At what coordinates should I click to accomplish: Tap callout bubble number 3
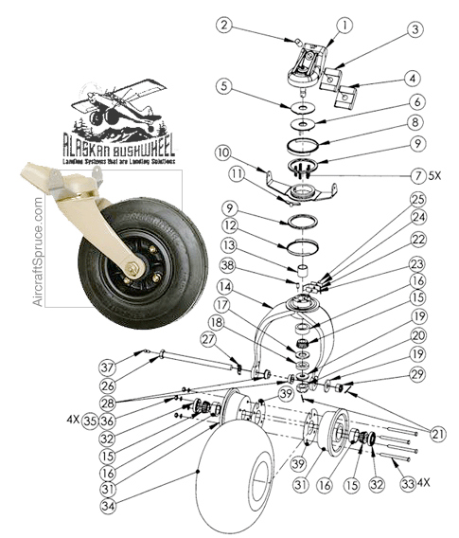tap(388, 30)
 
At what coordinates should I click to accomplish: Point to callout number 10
tap(223, 152)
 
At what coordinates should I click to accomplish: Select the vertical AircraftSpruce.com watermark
tap(39, 250)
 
